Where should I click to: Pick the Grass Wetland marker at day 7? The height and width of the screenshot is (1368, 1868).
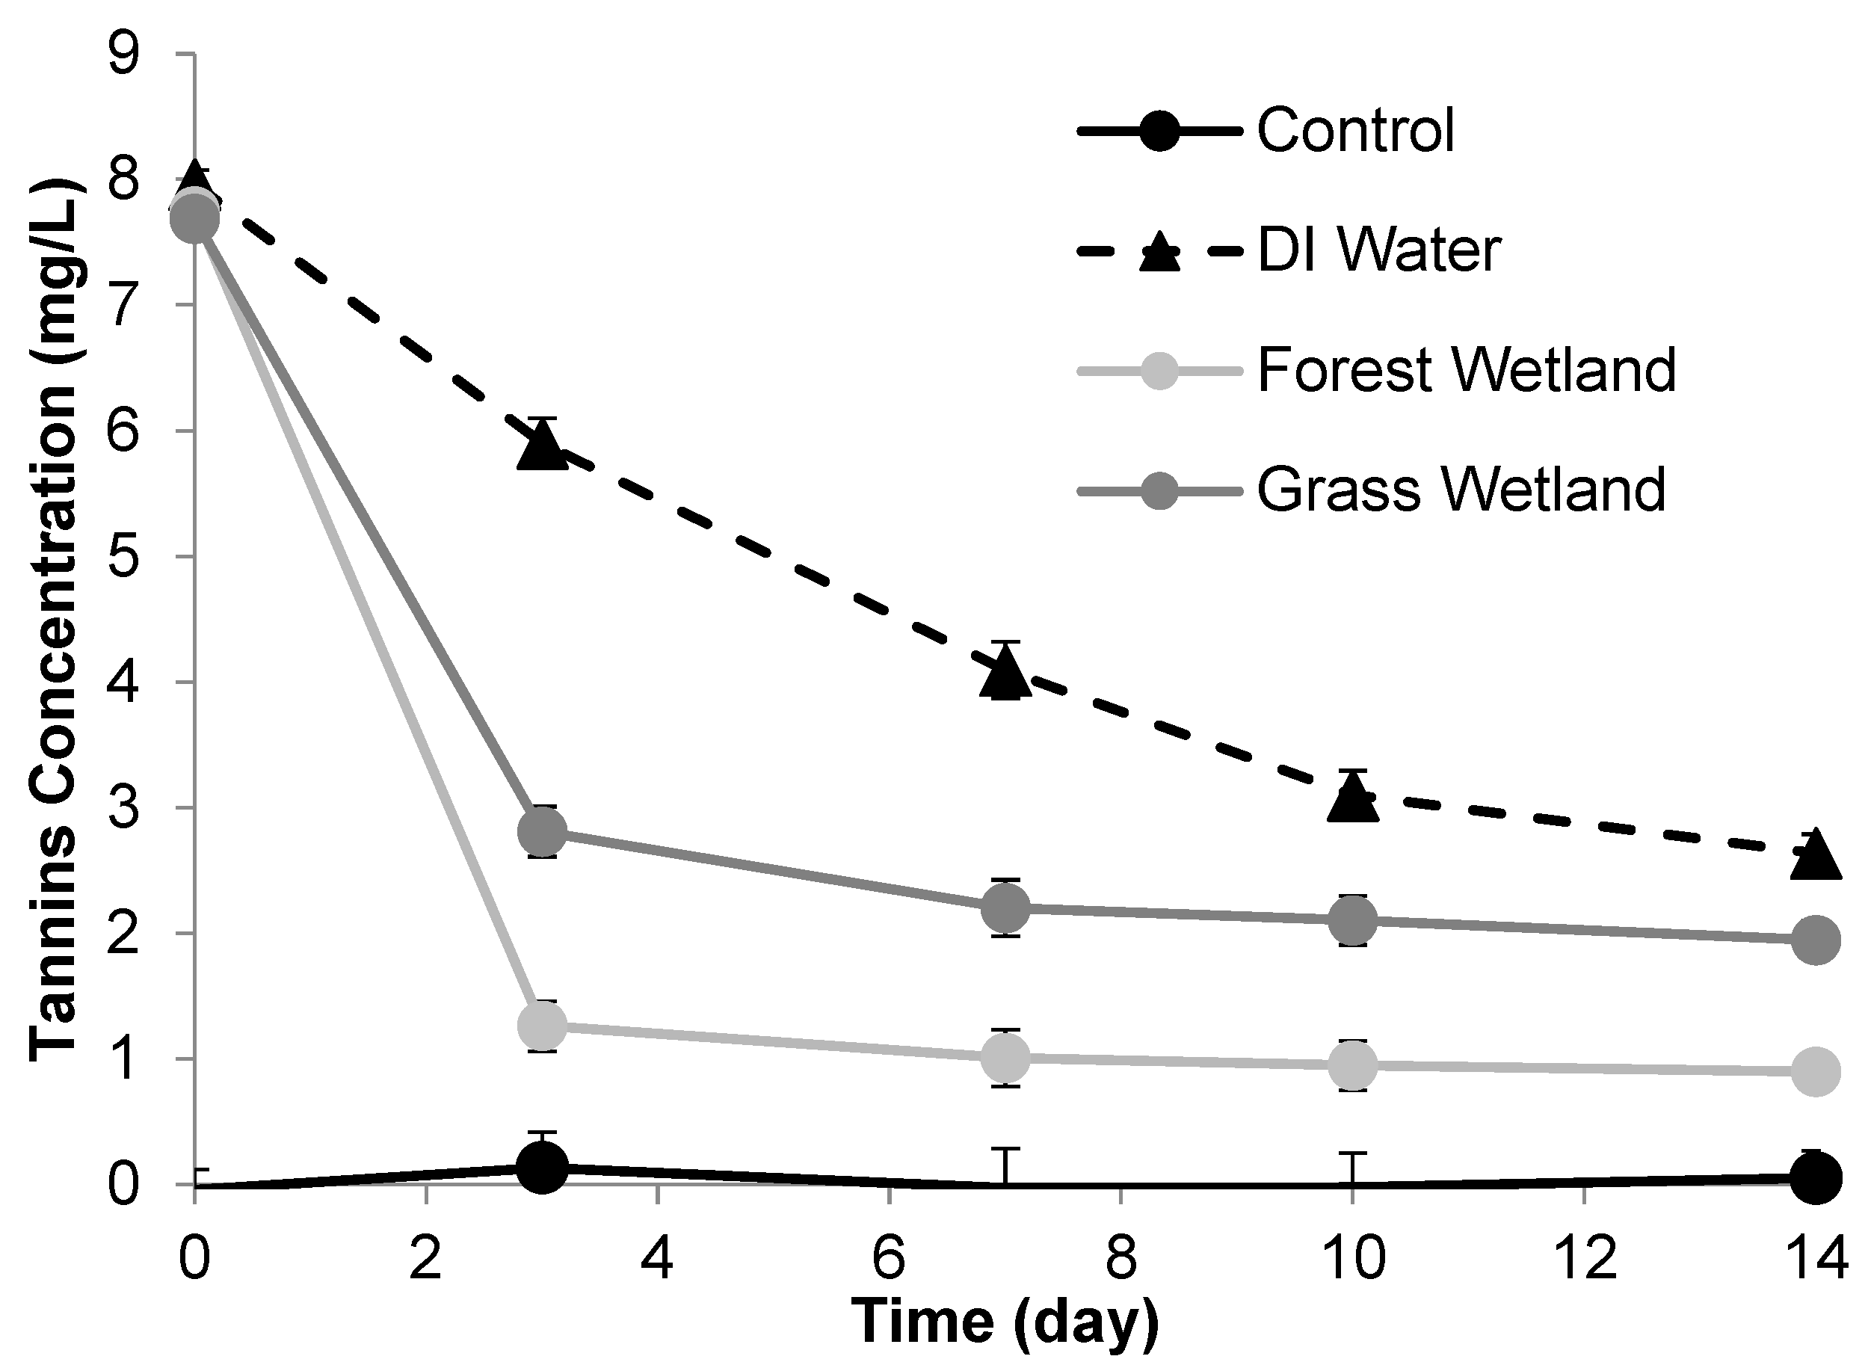[1005, 907]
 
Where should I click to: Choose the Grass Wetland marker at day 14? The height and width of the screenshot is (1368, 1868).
[1815, 940]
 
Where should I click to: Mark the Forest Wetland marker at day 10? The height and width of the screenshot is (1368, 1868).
[1352, 1065]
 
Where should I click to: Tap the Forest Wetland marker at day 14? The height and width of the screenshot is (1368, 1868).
[1815, 1071]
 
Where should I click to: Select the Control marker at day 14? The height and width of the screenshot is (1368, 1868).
[1815, 1177]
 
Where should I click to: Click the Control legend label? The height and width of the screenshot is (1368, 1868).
[1355, 130]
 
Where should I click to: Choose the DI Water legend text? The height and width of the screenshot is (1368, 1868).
[1378, 250]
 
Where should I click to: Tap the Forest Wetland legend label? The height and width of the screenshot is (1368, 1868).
[1467, 369]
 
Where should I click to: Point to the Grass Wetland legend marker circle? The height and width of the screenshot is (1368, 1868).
[1159, 490]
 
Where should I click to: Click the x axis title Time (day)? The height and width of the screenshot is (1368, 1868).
[1005, 1323]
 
